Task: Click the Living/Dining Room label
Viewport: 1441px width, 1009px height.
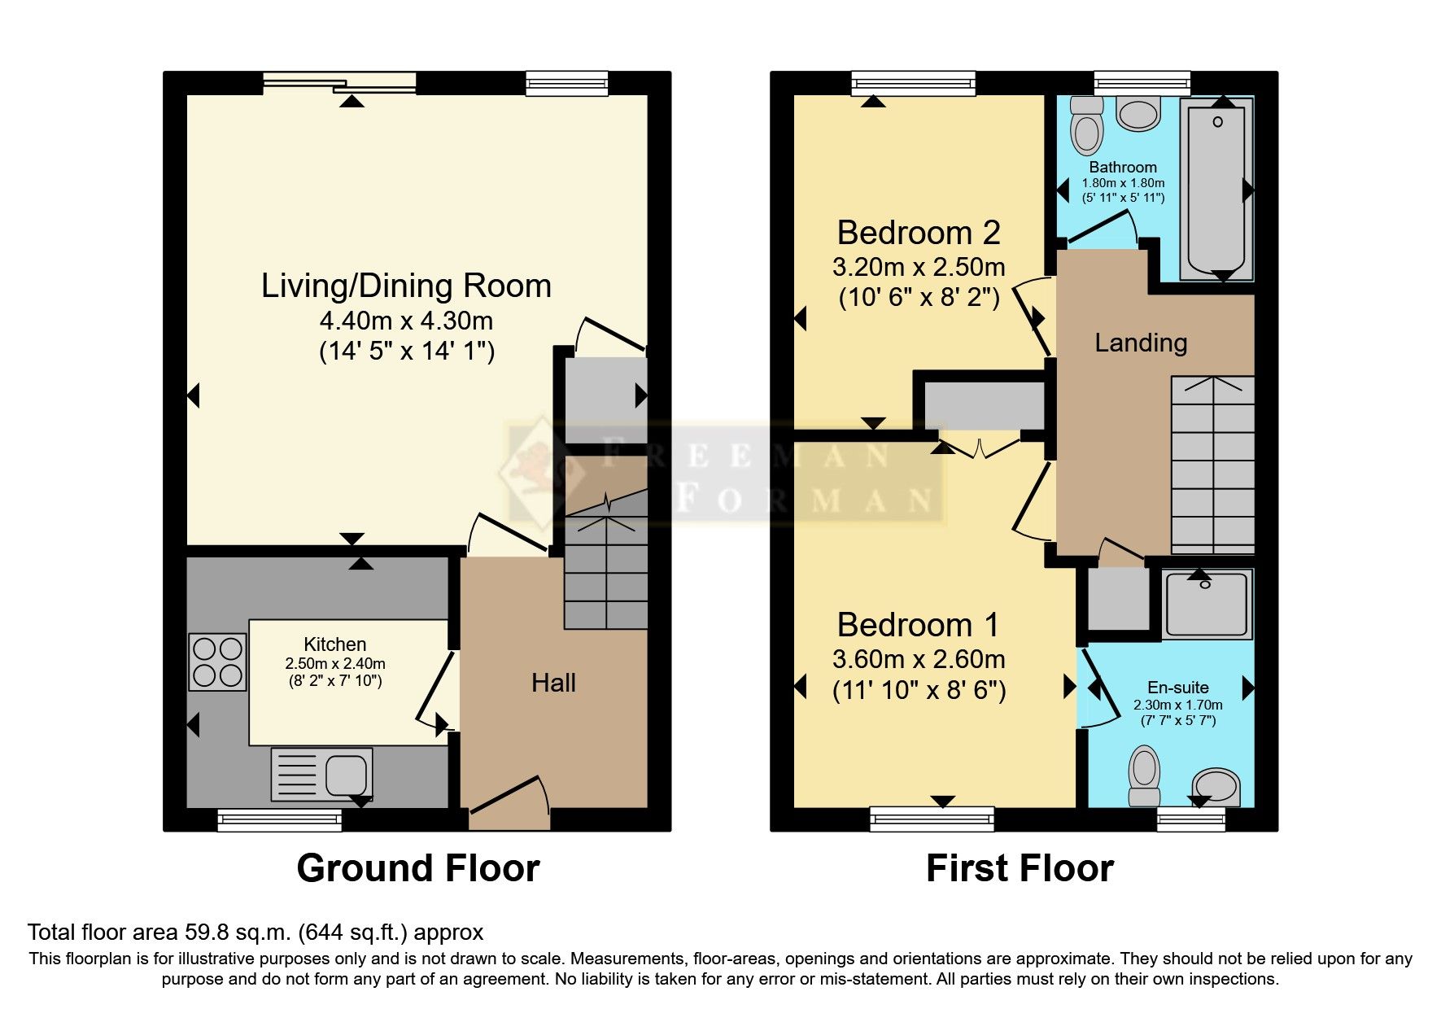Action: point(406,286)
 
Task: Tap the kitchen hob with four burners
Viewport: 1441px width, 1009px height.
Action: point(217,662)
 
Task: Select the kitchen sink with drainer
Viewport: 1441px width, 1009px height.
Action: point(322,774)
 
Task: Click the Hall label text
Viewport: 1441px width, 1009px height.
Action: point(553,683)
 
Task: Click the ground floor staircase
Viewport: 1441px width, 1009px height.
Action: point(606,570)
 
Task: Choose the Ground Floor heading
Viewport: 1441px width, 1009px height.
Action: point(417,868)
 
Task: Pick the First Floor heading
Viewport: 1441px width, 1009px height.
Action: point(1020,868)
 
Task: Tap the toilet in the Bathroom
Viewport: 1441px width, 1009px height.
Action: point(1086,126)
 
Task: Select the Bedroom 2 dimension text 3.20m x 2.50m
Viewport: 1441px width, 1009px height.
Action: point(918,267)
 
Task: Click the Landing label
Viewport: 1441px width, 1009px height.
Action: point(1140,343)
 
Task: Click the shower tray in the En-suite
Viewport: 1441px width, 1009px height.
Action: point(1207,604)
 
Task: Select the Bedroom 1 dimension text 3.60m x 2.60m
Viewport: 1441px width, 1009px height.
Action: point(918,659)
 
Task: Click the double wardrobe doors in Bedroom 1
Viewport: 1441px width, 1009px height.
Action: point(980,448)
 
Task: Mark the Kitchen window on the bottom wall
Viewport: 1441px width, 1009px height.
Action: point(279,819)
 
